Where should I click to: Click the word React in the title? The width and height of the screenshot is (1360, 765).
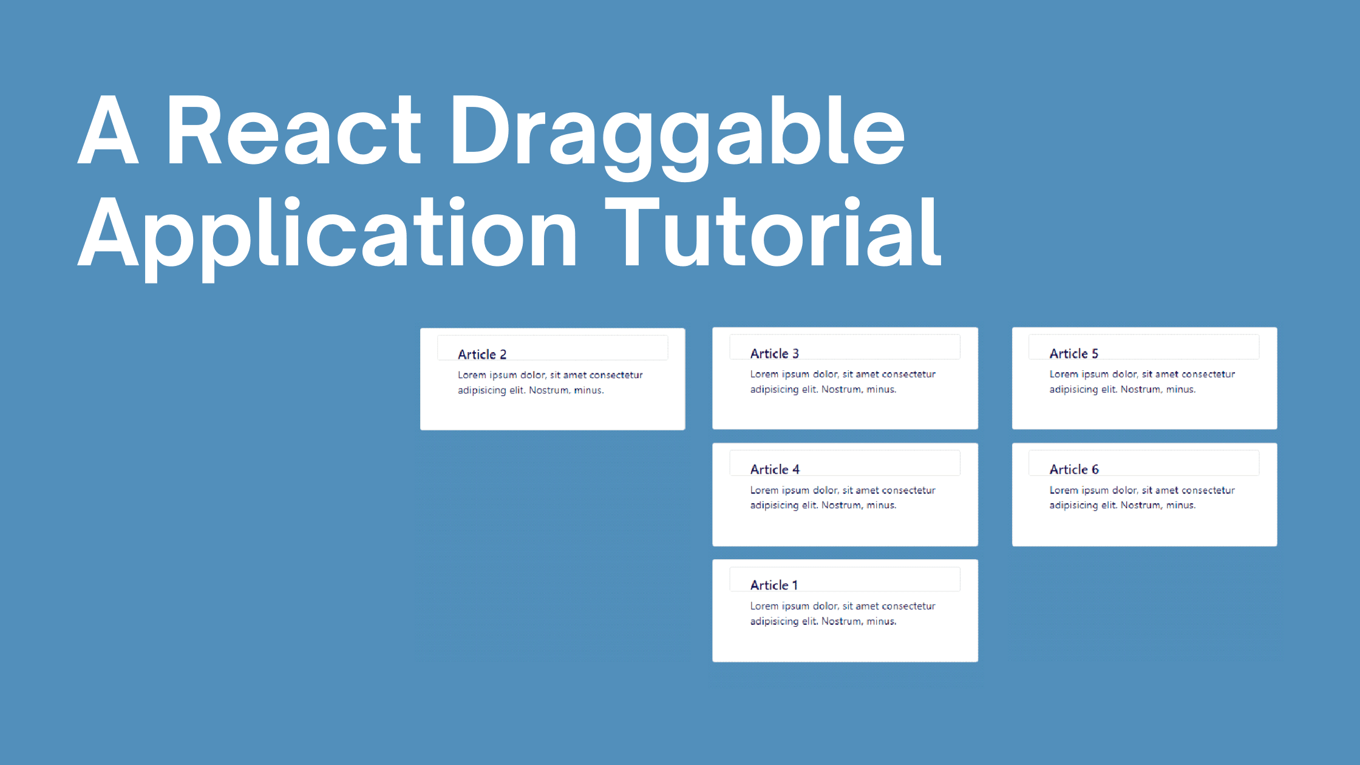(293, 131)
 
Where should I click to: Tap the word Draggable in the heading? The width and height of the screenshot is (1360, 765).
(677, 134)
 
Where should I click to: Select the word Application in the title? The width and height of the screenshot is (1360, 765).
(328, 234)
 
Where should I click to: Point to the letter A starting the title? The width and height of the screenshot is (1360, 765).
(108, 131)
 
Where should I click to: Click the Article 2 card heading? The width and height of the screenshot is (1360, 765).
(482, 354)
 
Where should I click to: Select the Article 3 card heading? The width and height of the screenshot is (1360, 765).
(774, 353)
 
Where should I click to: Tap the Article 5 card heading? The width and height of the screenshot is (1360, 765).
(1073, 353)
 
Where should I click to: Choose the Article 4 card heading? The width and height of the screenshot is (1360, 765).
(775, 469)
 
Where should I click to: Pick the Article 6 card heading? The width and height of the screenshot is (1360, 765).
(1074, 469)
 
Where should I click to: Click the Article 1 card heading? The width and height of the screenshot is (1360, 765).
(773, 585)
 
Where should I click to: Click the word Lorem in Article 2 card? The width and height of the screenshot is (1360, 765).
(472, 375)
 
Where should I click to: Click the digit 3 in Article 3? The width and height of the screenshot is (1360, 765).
(795, 353)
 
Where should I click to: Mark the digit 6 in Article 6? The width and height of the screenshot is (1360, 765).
(1095, 469)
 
